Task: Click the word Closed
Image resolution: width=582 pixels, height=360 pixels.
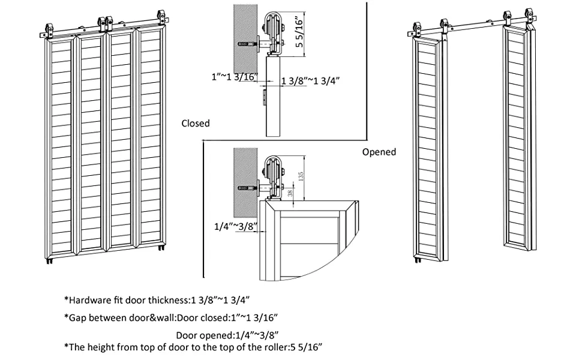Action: [196, 123]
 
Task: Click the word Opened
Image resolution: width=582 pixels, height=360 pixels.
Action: [379, 152]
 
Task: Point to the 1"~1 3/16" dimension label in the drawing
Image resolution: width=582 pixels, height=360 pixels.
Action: [234, 77]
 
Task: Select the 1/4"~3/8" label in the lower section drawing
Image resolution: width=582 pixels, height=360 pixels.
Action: [236, 226]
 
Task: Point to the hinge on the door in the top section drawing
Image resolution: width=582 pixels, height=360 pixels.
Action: [264, 97]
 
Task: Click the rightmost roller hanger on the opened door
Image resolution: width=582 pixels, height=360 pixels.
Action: [529, 14]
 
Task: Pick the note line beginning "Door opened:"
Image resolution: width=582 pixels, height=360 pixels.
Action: [227, 335]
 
